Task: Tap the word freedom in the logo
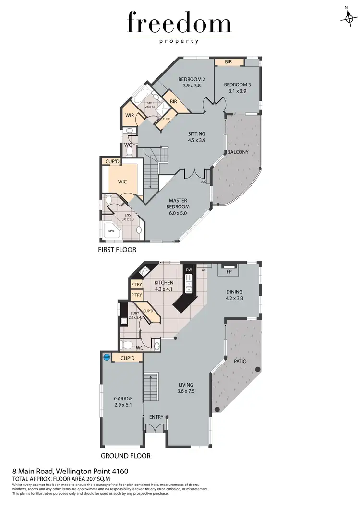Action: point(179,24)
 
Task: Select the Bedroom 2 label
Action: point(192,79)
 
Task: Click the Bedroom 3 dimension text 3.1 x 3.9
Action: point(237,91)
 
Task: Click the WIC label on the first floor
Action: point(123,182)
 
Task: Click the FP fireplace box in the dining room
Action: point(229,271)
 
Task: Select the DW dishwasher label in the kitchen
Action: point(189,270)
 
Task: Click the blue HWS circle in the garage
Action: point(107,358)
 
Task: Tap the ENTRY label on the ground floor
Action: point(156,417)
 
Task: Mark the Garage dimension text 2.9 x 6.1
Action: point(123,405)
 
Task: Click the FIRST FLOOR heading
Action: point(117,250)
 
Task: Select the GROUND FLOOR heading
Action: point(125,456)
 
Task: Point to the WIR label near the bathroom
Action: point(130,115)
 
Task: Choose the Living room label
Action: point(186,385)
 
